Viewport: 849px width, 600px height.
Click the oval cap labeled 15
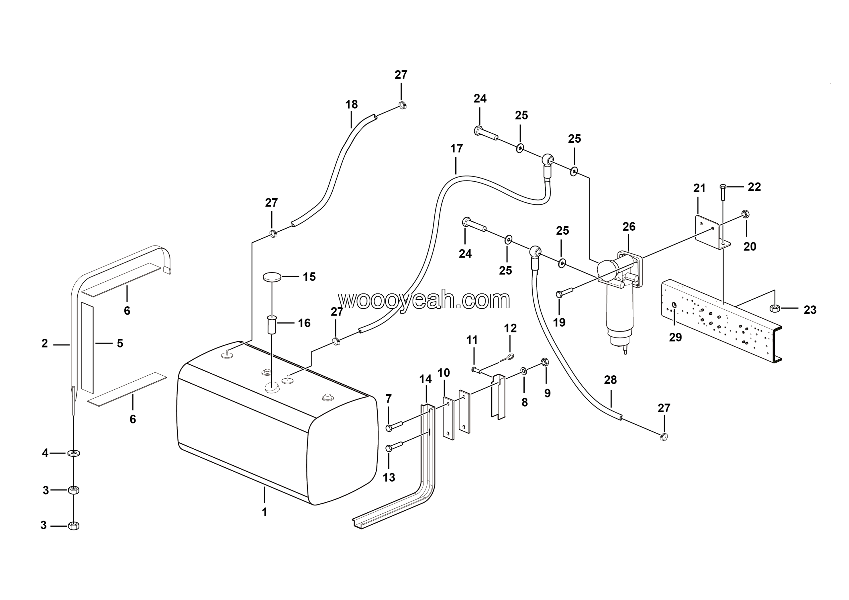[272, 276]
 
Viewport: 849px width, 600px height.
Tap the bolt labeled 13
[393, 447]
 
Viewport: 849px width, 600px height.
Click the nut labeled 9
[544, 361]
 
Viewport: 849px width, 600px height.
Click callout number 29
[675, 337]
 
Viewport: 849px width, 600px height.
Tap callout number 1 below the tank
[264, 512]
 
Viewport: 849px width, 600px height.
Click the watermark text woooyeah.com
[424, 300]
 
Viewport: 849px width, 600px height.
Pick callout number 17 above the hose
[456, 148]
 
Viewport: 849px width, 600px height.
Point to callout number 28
[611, 380]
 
